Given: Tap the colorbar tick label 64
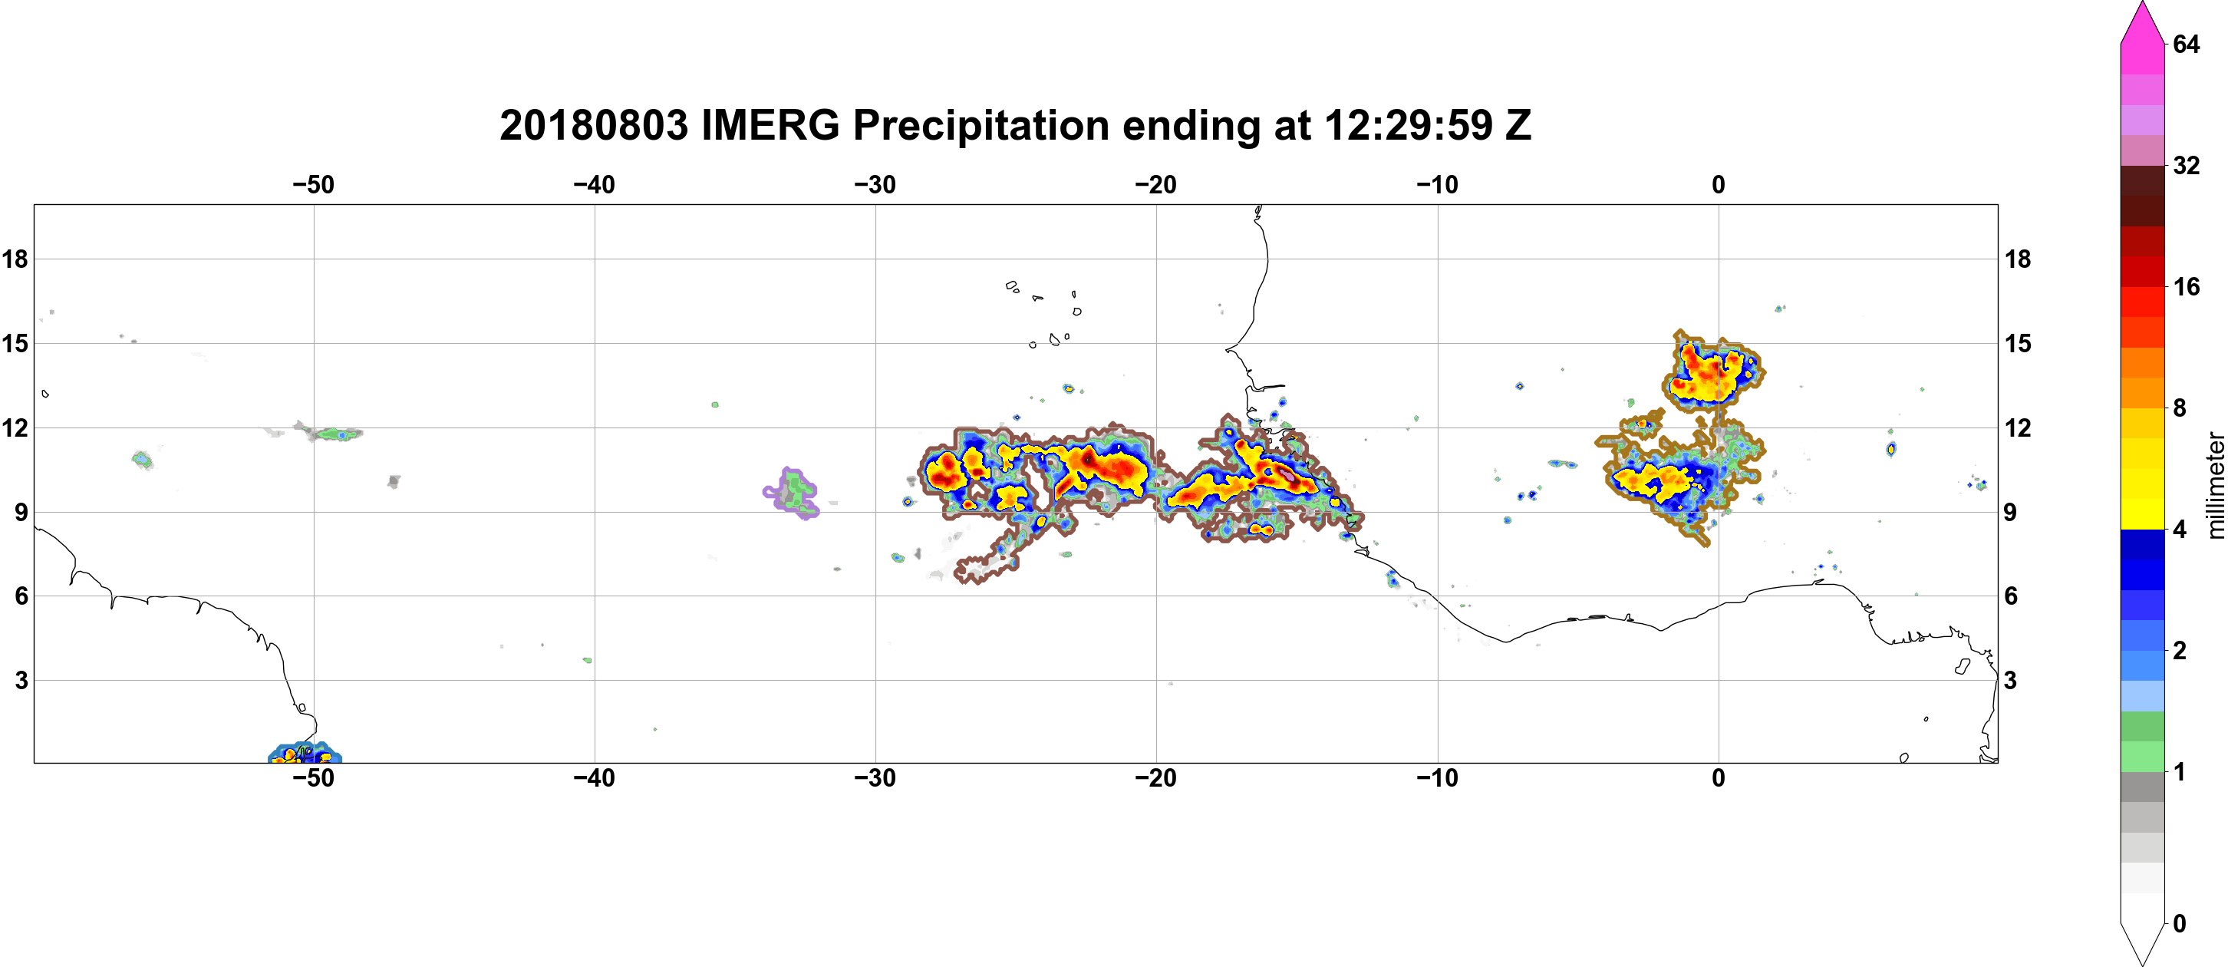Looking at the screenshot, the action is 2186,44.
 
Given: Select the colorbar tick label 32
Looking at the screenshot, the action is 2186,165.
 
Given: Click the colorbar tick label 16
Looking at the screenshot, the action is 2186,286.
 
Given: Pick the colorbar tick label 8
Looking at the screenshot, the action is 2180,408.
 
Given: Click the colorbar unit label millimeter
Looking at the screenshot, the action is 2215,485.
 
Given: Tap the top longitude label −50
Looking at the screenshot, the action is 313,184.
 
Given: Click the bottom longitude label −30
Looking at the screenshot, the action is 875,777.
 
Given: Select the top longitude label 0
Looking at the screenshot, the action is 1719,184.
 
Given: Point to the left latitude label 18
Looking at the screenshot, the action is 15,259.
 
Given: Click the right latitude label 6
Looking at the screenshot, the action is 2011,596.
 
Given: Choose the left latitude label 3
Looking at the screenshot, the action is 21,681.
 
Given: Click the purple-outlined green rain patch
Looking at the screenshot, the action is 793,493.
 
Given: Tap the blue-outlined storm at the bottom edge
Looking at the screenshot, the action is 305,754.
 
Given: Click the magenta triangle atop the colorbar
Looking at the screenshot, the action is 2142,23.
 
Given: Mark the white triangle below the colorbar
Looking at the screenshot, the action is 2142,942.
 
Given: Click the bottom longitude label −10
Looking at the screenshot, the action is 1438,777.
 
